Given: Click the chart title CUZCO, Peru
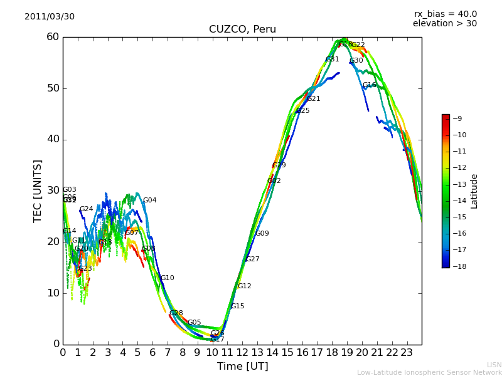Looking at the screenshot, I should (x=242, y=29).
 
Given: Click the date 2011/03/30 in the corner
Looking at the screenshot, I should (x=50, y=17).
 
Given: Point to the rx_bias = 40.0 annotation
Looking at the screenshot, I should (x=445, y=14).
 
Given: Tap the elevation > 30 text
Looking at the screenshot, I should (x=444, y=24).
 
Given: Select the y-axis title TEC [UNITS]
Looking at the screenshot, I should (x=38, y=191).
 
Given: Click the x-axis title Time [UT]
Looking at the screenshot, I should (x=242, y=367).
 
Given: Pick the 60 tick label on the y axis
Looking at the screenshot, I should (x=52, y=37).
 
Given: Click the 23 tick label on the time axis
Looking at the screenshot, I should (x=407, y=352).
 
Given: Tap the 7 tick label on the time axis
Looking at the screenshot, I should (x=168, y=352).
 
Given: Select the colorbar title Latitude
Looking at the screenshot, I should (x=474, y=191).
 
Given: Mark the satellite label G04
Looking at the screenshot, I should (x=149, y=201).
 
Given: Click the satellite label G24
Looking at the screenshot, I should (x=86, y=209).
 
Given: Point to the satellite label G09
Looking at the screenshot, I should (x=262, y=234).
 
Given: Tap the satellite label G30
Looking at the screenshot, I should (x=356, y=61).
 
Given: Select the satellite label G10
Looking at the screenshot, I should (x=167, y=278).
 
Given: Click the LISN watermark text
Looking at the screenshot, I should (x=494, y=365).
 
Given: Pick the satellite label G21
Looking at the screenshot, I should (x=313, y=99).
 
